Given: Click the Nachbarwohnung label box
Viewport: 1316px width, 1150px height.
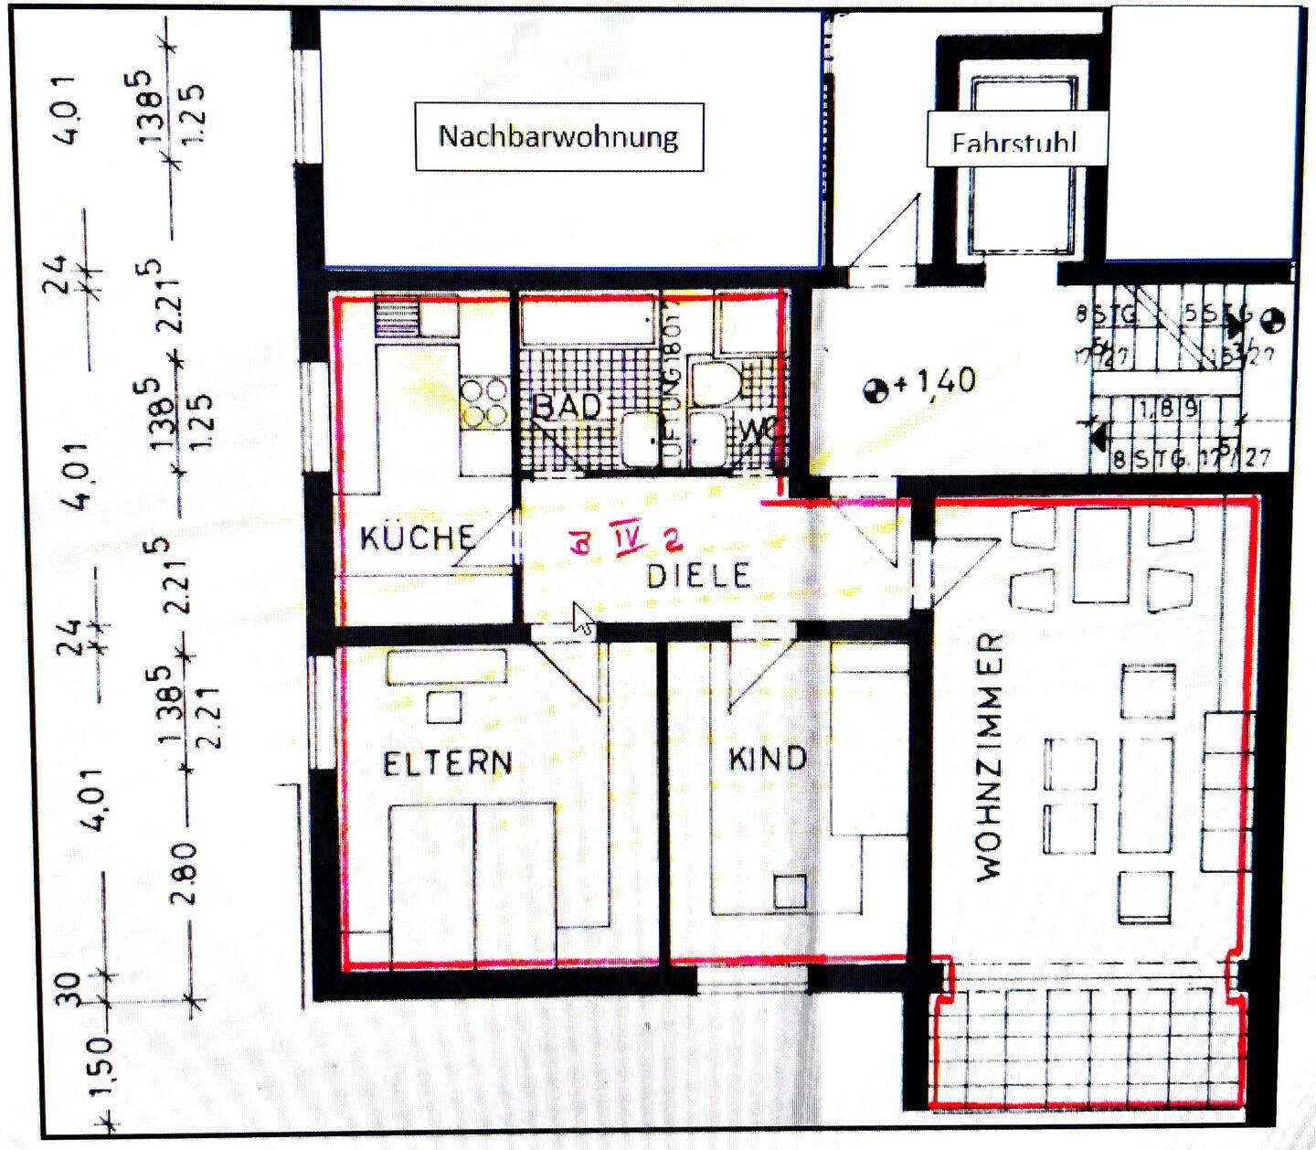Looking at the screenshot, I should tap(558, 137).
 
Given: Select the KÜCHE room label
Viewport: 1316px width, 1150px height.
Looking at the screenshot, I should tap(416, 538).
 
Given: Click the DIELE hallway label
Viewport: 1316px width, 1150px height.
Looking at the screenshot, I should tap(699, 575).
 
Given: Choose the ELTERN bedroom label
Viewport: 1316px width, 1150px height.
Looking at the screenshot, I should tap(447, 762).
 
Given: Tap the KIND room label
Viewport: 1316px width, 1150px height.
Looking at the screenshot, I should tap(768, 758).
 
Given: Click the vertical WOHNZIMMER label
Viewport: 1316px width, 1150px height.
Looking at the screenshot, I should tap(990, 756).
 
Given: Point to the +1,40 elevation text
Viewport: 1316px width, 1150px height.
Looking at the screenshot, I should tap(935, 381).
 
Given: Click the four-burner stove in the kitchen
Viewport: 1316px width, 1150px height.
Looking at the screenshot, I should tap(485, 403).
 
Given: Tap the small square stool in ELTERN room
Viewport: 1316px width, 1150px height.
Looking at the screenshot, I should tap(444, 707).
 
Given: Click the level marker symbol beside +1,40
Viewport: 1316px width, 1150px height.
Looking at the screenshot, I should tap(876, 390).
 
